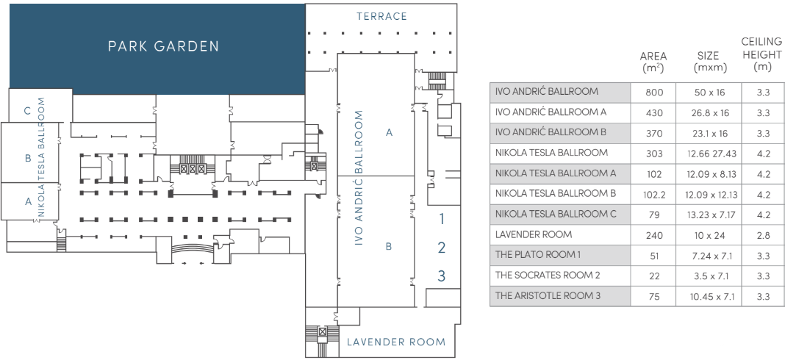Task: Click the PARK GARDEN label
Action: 163,46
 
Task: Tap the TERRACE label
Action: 381,16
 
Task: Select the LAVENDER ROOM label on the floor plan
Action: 395,342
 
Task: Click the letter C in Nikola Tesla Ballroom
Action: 27,111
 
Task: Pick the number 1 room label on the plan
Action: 442,218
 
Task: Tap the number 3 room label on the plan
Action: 442,276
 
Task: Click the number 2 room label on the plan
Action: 442,248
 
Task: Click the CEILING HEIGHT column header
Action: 762,54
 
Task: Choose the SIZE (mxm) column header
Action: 710,62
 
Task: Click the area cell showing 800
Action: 654,93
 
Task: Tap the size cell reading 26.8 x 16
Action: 710,113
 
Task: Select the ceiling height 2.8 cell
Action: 762,235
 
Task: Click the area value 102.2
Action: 654,195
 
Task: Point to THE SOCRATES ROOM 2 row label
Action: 548,276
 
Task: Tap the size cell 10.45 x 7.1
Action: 710,296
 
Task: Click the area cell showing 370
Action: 654,134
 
